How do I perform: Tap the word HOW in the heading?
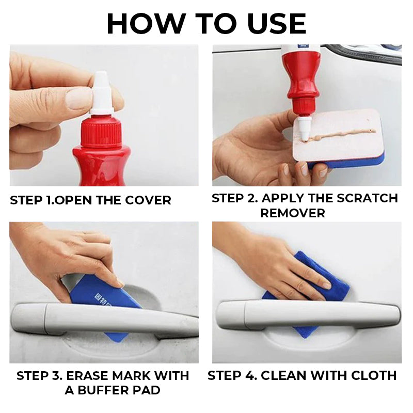[146, 24]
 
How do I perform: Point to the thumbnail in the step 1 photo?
[78, 98]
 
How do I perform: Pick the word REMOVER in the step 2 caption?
[293, 213]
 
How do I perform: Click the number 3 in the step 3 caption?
[57, 376]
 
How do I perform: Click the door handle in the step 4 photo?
[308, 315]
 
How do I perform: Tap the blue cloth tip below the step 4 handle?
[305, 332]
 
